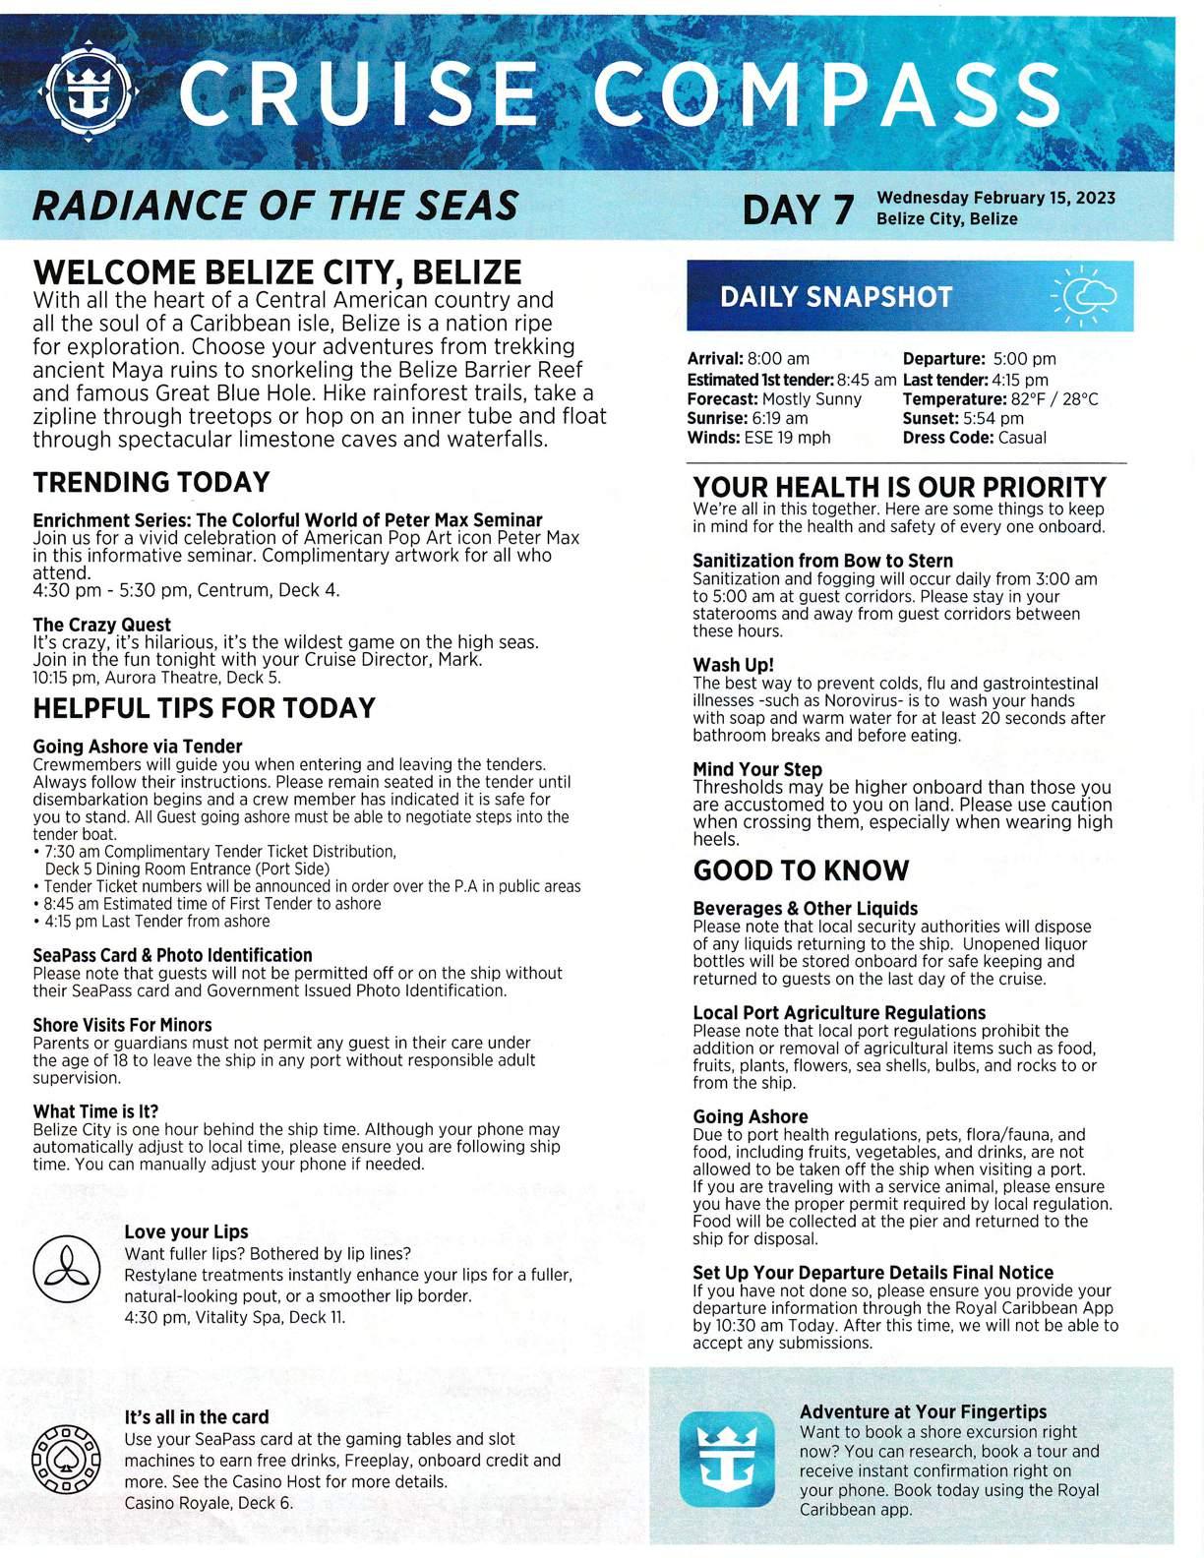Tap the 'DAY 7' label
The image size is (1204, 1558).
[798, 210]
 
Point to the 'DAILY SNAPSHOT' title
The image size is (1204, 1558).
[836, 297]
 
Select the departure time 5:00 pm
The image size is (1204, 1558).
[1024, 359]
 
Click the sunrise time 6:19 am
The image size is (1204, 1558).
[780, 418]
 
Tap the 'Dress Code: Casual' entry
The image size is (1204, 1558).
[974, 438]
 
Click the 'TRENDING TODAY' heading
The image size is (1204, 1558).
[151, 483]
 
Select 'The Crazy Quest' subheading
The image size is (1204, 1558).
[101, 625]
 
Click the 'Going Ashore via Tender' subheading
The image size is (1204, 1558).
[137, 747]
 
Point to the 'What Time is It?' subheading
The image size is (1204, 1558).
[95, 1111]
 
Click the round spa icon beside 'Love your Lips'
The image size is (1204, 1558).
[68, 1269]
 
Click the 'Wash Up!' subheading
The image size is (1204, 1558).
[733, 665]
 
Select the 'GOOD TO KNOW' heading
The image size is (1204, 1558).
[801, 870]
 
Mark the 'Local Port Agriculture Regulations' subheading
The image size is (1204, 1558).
[839, 1013]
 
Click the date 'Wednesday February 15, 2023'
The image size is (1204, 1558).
[995, 198]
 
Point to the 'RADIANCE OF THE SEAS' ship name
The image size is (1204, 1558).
[275, 207]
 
